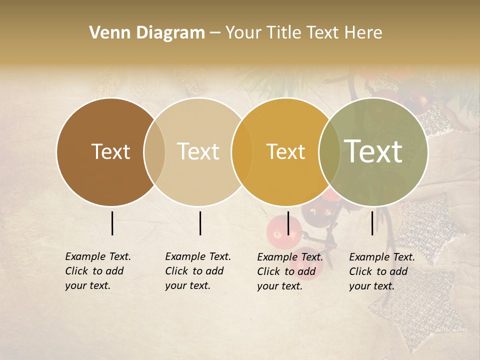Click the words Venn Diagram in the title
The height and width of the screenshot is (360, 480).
147,33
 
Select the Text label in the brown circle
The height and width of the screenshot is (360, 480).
110,151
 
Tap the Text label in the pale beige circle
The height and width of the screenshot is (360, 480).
198,151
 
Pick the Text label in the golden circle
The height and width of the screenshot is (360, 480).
285,151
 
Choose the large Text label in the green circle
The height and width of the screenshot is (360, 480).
373,151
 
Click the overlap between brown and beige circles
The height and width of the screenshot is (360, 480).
154,151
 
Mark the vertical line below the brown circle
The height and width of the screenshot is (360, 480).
112,223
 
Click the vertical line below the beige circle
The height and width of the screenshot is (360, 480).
200,223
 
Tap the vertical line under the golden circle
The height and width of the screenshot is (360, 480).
288,223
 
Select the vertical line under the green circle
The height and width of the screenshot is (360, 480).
372,223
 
